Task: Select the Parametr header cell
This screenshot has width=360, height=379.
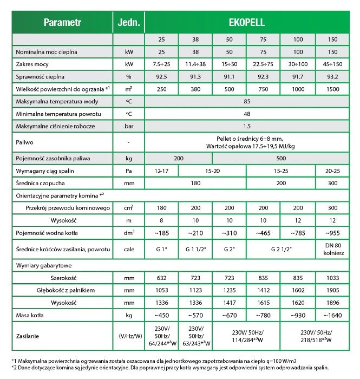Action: pos(62,23)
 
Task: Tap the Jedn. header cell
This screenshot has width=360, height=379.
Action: pos(128,23)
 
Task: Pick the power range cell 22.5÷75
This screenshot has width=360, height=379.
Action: pos(263,64)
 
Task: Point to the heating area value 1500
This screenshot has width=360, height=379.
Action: pos(332,88)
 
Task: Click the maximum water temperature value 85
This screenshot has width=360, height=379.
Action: pos(246,102)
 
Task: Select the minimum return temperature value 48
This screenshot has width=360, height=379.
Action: pos(246,114)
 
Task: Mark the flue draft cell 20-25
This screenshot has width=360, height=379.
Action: pos(332,171)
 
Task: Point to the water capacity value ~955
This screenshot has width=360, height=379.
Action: pos(332,233)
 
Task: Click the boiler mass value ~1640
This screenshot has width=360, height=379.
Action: pos(332,315)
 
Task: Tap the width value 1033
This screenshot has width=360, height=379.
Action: pos(332,278)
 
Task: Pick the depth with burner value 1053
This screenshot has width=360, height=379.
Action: pos(161,290)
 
